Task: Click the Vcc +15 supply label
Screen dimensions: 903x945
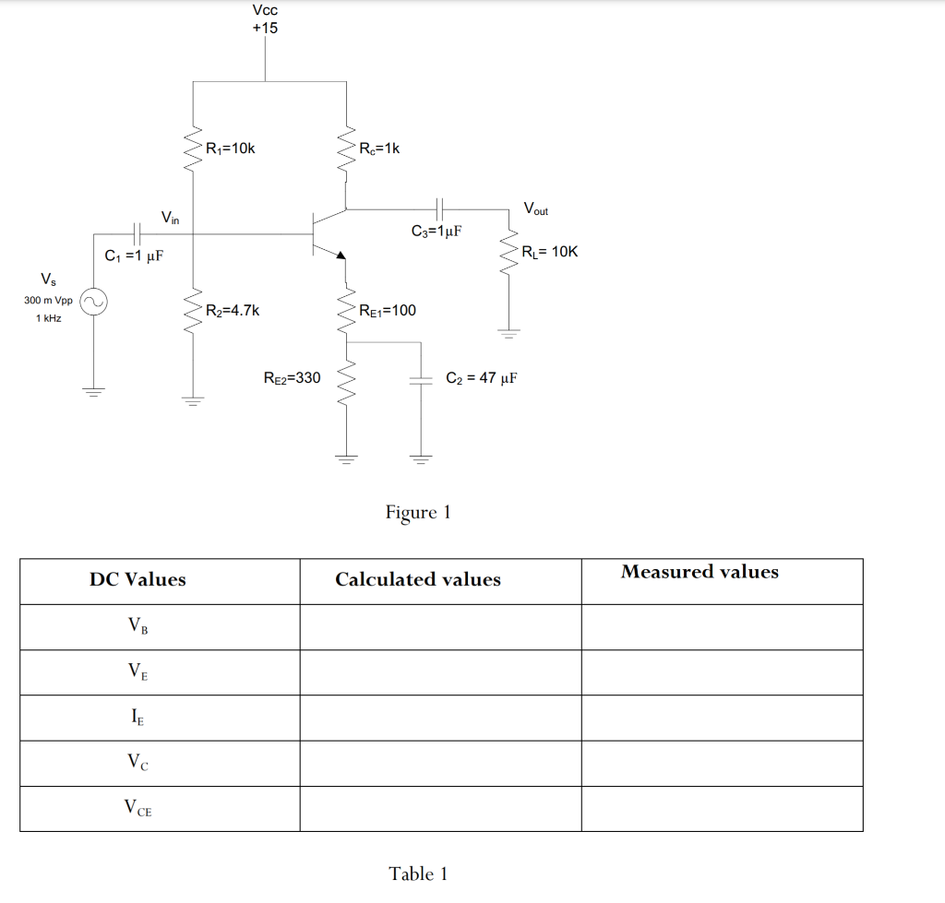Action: (265, 18)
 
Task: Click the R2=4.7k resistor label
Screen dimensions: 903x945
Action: (232, 311)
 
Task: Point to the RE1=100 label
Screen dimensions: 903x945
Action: (388, 311)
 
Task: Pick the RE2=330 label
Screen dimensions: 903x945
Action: (292, 377)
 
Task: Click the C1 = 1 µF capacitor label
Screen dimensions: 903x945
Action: (135, 255)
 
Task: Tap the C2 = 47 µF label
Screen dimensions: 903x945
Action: (481, 377)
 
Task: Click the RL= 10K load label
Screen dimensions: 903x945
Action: (550, 252)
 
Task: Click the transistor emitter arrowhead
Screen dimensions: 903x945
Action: (341, 255)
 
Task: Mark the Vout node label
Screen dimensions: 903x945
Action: (535, 208)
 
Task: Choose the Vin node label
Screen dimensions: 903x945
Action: (171, 219)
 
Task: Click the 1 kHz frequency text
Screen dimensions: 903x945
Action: (48, 318)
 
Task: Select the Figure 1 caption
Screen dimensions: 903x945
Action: (418, 512)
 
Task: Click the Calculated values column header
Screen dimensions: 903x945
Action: (418, 580)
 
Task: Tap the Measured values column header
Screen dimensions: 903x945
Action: (700, 572)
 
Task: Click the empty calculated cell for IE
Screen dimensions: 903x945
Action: (440, 718)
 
